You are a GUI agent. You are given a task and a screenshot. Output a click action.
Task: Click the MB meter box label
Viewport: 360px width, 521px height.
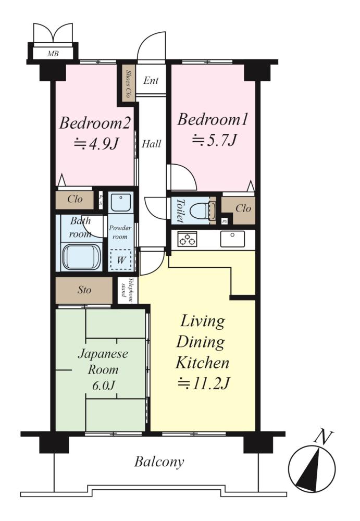(53, 53)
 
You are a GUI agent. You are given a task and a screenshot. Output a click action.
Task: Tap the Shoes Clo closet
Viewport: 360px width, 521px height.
(127, 84)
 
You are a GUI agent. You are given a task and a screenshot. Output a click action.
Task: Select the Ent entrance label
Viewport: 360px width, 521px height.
(151, 80)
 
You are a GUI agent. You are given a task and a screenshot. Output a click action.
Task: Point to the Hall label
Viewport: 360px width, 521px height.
(151, 144)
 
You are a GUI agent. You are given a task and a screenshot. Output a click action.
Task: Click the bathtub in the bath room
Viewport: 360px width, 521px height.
(81, 257)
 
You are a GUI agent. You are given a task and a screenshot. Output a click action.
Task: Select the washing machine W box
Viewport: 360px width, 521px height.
(121, 260)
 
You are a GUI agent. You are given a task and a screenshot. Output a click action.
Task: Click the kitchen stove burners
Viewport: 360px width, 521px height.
(187, 239)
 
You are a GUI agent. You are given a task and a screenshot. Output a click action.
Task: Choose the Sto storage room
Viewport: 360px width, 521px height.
(84, 290)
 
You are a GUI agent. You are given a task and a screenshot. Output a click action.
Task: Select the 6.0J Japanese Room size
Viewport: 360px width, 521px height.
(103, 386)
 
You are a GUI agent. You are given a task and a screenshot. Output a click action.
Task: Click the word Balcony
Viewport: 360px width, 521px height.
(159, 462)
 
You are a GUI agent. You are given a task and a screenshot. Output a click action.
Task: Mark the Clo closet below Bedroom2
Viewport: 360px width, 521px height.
(75, 200)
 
